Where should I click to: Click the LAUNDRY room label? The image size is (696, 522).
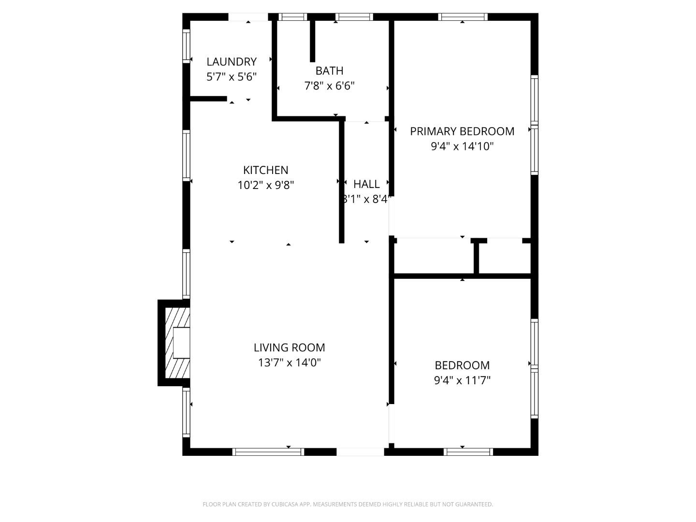tap(232, 62)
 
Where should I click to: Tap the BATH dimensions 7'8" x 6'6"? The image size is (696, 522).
tap(329, 86)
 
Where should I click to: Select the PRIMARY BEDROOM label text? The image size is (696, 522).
tap(462, 131)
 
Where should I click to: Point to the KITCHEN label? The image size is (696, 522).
tap(265, 170)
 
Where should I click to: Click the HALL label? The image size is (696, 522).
tap(366, 184)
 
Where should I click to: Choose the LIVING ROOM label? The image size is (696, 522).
tap(289, 348)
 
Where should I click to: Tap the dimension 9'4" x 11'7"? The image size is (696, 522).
tap(462, 380)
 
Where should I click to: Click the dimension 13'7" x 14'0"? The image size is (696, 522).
tap(289, 362)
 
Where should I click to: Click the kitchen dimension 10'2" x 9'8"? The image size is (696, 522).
tap(265, 185)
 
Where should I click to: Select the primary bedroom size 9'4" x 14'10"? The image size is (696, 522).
tap(462, 146)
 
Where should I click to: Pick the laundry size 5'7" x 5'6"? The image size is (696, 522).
tap(232, 77)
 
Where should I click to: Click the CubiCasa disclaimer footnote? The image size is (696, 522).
tap(348, 504)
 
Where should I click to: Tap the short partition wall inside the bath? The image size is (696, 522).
tap(312, 41)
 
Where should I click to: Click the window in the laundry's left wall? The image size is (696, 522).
tap(186, 46)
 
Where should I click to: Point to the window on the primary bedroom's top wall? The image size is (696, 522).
tap(463, 17)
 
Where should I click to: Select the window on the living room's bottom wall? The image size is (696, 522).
tap(268, 452)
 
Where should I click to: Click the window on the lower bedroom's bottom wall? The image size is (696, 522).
tap(468, 452)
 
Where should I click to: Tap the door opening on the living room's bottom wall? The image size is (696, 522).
tap(360, 452)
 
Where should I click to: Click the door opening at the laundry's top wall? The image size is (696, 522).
tap(248, 17)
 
